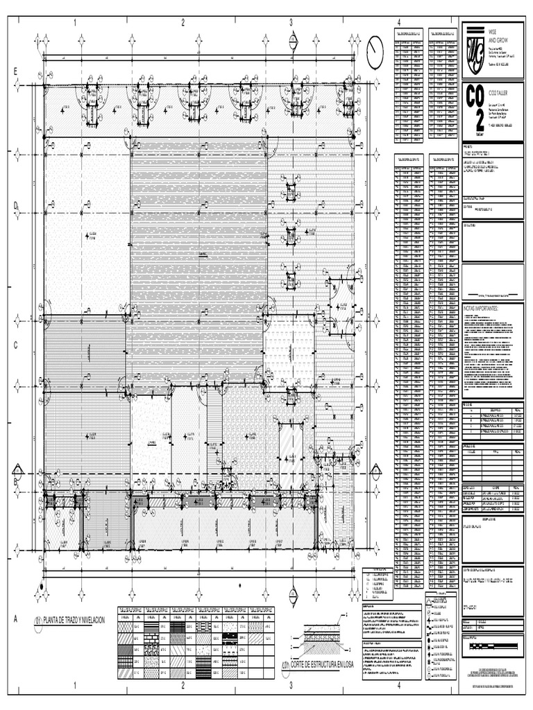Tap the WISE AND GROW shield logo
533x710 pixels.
[x=475, y=49]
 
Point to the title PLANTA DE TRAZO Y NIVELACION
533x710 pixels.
[x=74, y=619]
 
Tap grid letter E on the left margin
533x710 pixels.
[x=15, y=73]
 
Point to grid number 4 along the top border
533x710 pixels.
[x=399, y=23]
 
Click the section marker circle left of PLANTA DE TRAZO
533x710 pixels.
[x=37, y=620]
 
